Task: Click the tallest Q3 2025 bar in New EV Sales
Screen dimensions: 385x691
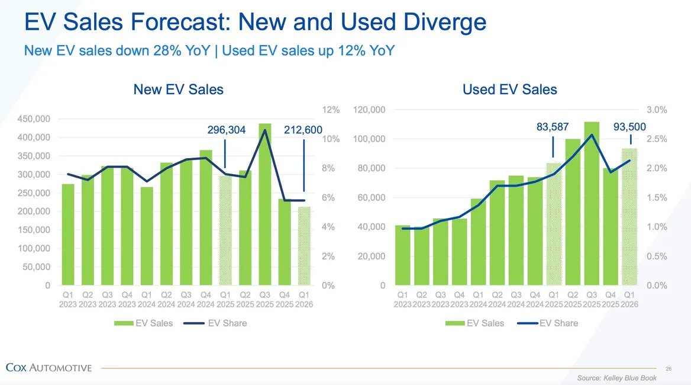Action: (265, 204)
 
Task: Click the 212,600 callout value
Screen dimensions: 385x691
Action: (303, 130)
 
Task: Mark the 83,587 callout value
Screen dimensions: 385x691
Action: (553, 127)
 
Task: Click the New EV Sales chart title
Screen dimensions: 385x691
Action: (178, 90)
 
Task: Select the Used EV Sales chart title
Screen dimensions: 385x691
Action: (509, 90)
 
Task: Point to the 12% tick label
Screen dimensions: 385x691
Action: (331, 110)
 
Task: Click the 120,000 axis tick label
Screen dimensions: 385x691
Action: (369, 110)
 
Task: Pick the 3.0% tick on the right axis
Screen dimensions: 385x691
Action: (657, 110)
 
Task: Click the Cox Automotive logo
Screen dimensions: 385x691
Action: (49, 368)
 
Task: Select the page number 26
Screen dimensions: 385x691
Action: (669, 368)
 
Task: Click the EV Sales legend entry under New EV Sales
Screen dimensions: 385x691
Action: (143, 323)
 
